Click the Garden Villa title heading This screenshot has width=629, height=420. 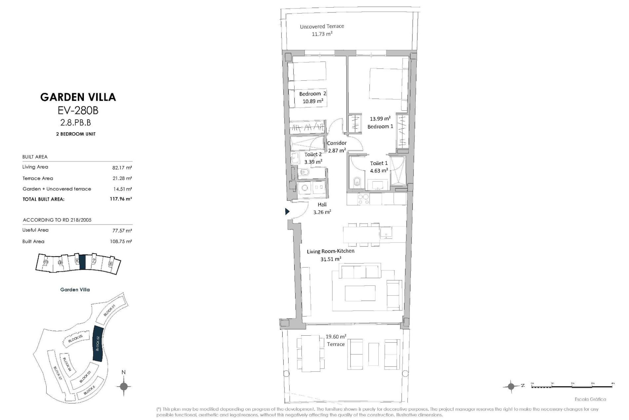78,97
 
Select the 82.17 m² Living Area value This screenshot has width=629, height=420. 122,168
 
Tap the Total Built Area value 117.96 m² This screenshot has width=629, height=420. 121,199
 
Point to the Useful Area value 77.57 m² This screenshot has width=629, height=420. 122,231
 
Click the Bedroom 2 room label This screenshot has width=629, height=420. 313,94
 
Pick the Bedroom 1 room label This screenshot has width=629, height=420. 380,126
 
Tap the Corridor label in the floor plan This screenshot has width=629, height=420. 336,143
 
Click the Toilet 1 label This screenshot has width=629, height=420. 379,163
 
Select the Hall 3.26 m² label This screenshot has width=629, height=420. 322,208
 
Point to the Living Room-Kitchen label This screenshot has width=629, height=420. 331,251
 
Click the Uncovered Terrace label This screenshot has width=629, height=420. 322,26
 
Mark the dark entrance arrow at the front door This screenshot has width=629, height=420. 287,212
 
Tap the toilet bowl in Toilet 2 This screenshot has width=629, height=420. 304,172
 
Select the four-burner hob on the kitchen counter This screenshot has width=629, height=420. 363,199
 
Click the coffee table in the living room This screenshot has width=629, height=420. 360,293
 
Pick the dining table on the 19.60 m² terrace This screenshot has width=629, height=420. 311,353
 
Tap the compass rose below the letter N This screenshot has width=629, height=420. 124,386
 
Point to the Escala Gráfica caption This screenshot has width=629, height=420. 590,399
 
